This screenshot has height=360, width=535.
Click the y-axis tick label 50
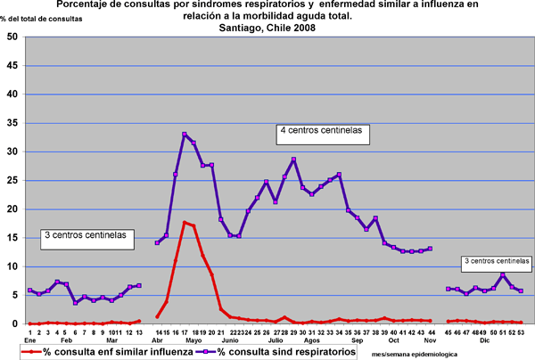[x=12, y=37]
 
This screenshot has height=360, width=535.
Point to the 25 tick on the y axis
[x=12, y=180]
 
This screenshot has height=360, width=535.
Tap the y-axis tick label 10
[x=12, y=266]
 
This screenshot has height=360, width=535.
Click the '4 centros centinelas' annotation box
[x=321, y=131]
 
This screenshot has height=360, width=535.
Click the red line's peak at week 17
[x=185, y=223]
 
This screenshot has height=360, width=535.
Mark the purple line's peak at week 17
[x=185, y=135]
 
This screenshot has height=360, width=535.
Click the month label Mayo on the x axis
[x=193, y=340]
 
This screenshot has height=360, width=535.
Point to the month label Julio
[x=276, y=340]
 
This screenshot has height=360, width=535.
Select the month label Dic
[x=484, y=340]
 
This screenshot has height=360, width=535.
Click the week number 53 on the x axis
[x=520, y=331]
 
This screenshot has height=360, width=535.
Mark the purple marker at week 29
[x=293, y=160]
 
